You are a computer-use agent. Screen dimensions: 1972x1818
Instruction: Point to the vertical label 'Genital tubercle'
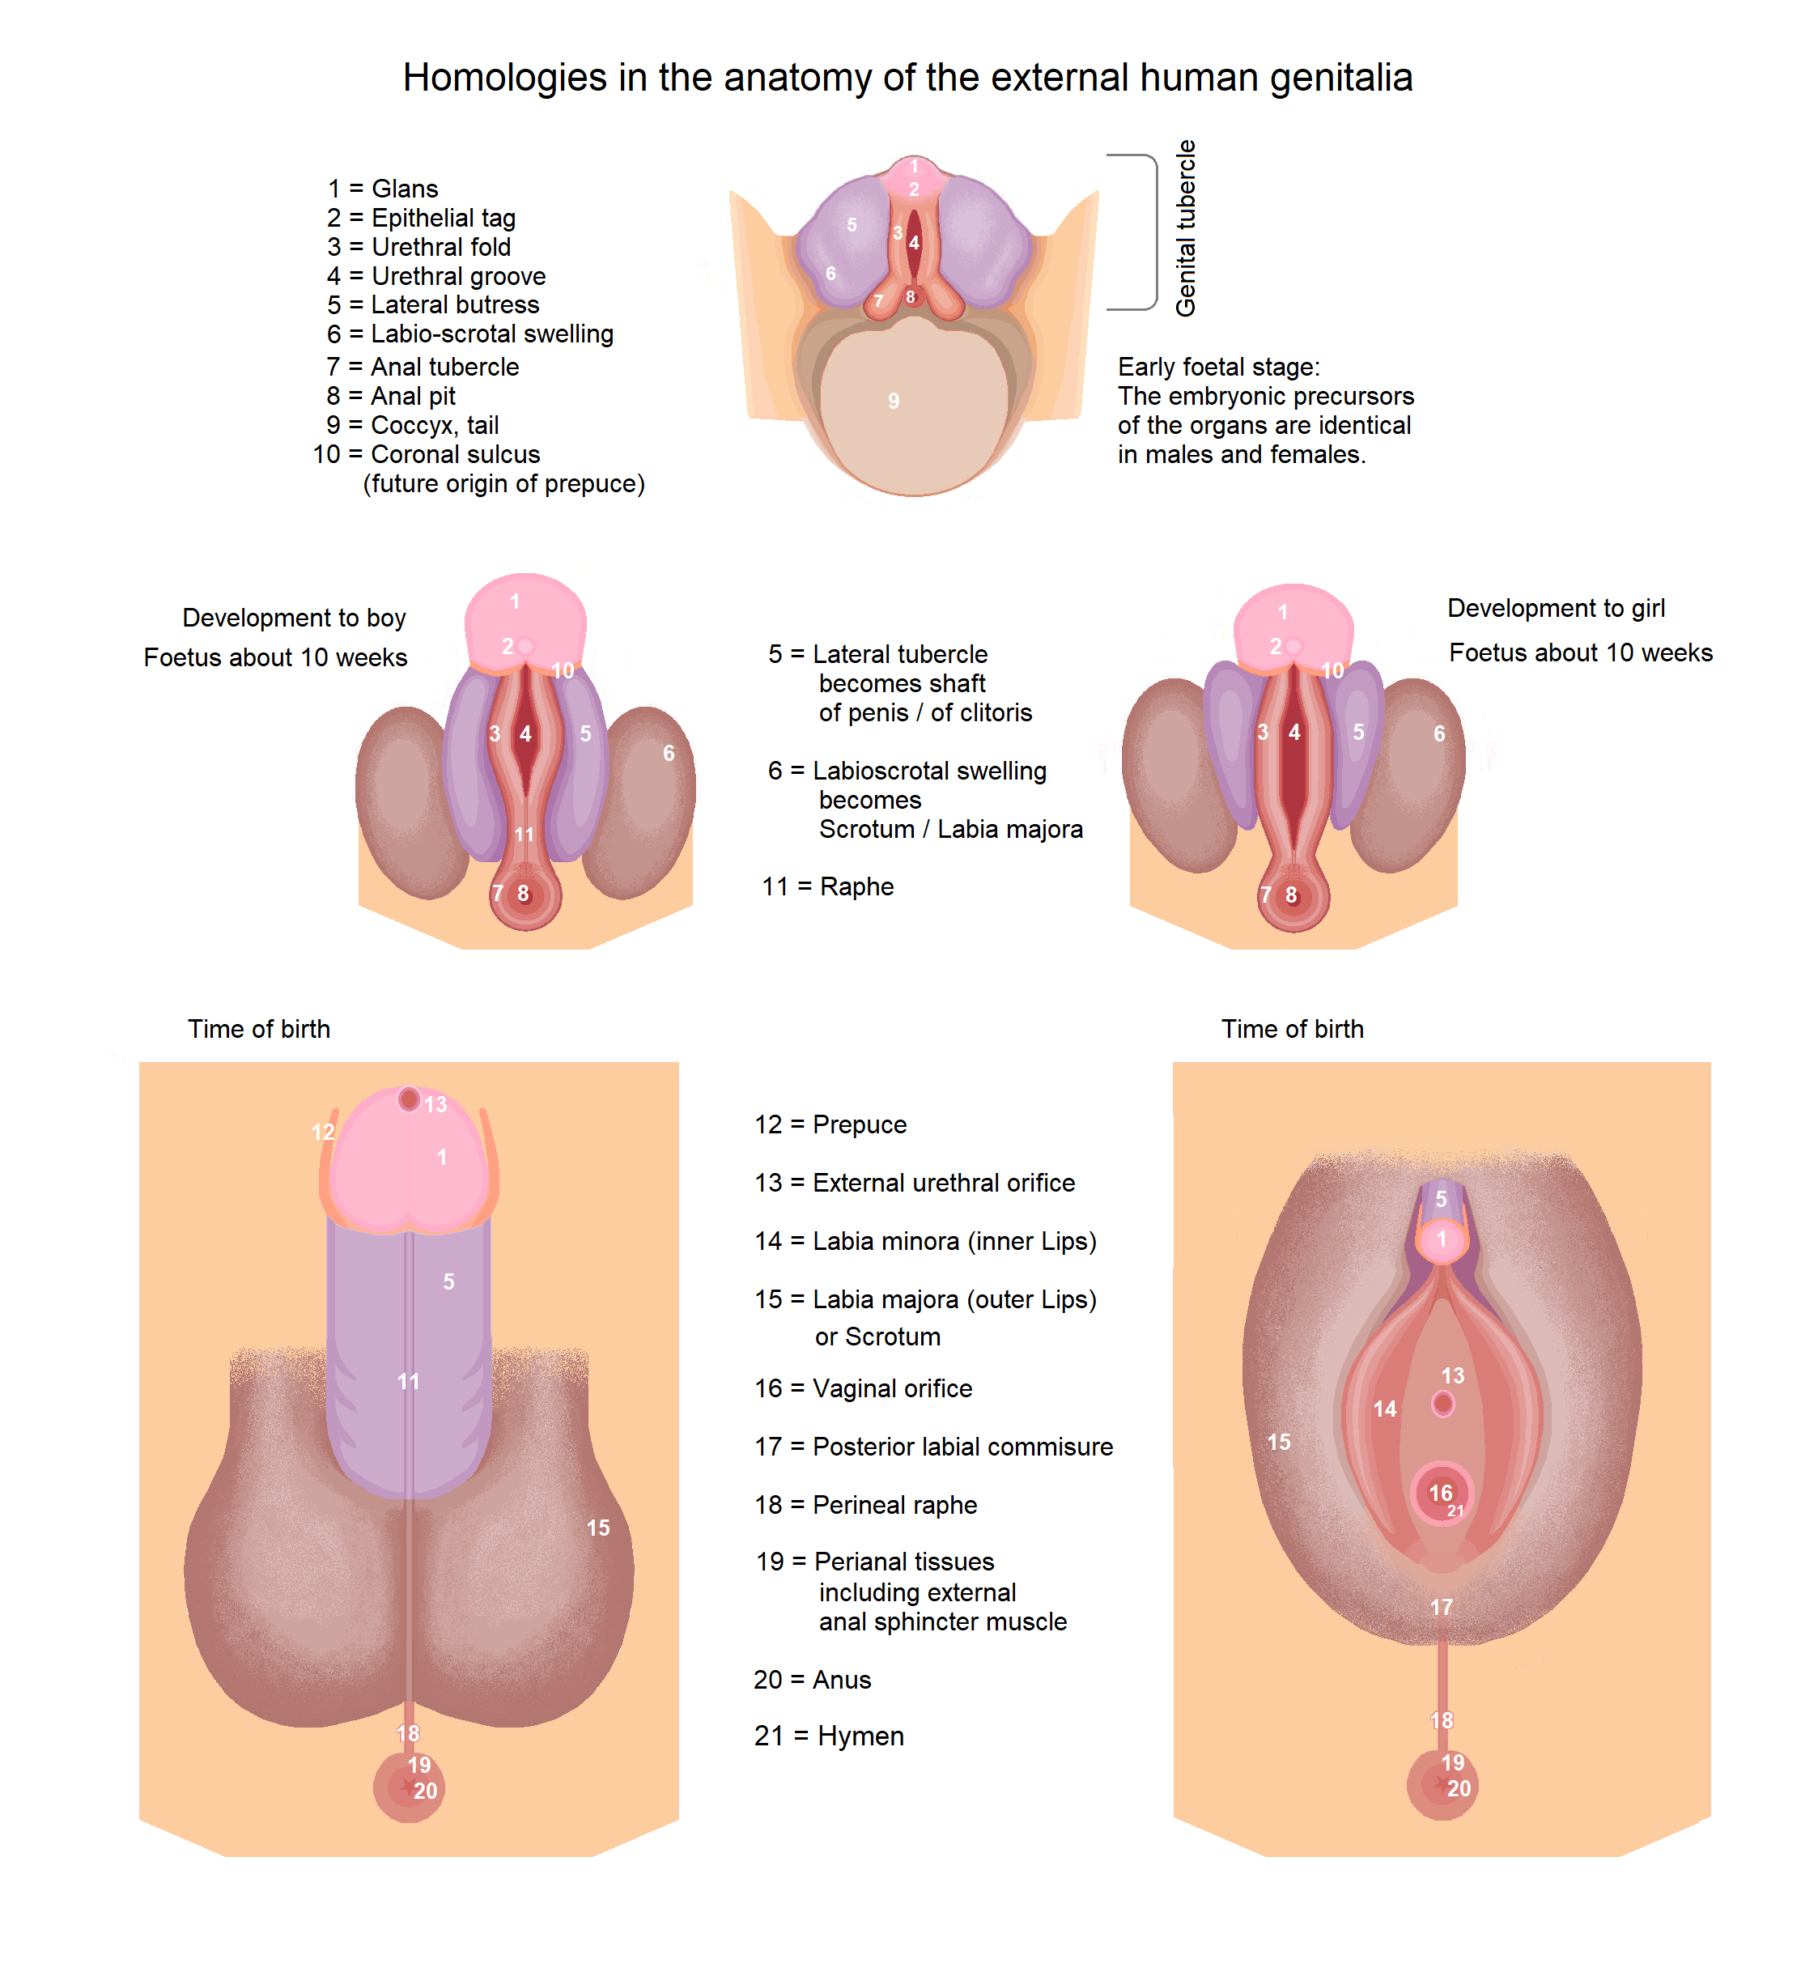click(x=1186, y=228)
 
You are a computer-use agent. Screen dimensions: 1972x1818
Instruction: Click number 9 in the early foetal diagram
click(x=894, y=402)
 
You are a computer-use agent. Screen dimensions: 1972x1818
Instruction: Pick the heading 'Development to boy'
click(x=293, y=618)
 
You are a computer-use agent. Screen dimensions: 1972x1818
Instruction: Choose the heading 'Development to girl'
click(x=1555, y=608)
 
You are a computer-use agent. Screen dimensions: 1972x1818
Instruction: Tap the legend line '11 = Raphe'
click(x=827, y=886)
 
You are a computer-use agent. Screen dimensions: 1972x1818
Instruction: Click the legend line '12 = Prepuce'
click(x=830, y=1124)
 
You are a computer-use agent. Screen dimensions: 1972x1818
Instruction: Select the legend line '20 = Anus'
click(x=812, y=1680)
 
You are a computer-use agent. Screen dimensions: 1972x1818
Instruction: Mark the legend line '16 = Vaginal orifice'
click(x=863, y=1388)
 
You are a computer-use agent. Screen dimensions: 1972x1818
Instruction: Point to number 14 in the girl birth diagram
click(x=1384, y=1409)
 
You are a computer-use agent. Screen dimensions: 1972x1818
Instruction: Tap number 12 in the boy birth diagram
click(x=323, y=1132)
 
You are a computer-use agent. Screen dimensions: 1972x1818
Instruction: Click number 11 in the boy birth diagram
click(x=408, y=1382)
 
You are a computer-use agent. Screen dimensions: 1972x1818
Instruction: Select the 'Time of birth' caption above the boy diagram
click(x=259, y=1029)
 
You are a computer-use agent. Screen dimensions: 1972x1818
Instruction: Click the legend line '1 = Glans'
click(x=383, y=189)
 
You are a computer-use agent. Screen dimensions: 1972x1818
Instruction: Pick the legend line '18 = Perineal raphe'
click(x=866, y=1505)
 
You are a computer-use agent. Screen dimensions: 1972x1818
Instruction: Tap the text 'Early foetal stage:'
click(x=1218, y=367)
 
